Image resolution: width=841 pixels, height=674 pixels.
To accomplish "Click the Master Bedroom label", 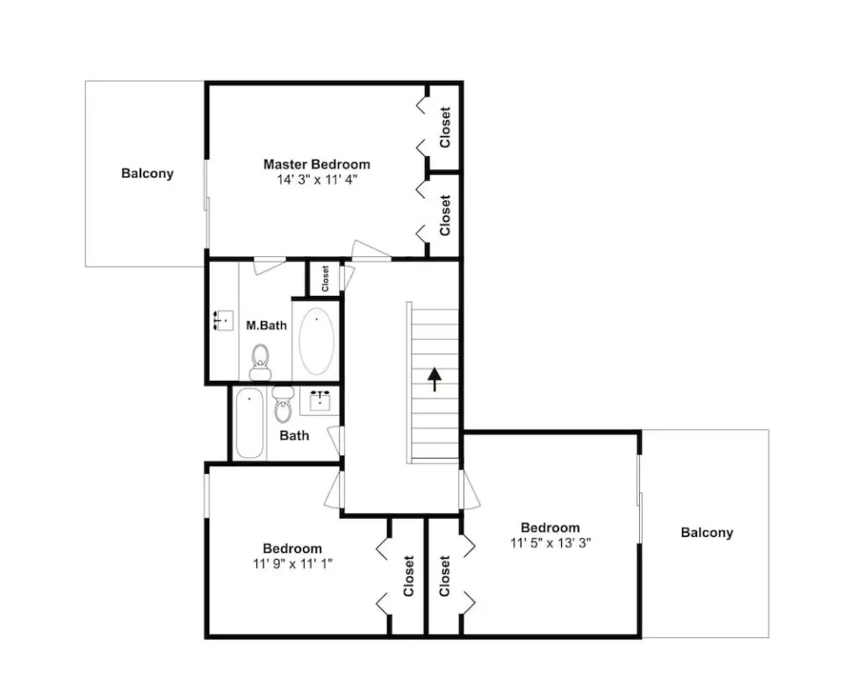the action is pyautogui.click(x=316, y=164).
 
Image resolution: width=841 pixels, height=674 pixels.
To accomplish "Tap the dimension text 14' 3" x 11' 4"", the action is pyautogui.click(x=316, y=180).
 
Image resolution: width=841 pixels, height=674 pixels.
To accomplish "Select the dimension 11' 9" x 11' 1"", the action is pyautogui.click(x=293, y=564).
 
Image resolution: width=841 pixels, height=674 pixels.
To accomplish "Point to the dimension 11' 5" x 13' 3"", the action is pyautogui.click(x=550, y=543).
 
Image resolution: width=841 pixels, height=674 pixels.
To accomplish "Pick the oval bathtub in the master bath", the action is pyautogui.click(x=316, y=341).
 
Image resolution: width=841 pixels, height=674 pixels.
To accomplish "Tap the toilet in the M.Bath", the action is pyautogui.click(x=260, y=362).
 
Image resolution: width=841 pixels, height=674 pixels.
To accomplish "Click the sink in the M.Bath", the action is pyautogui.click(x=224, y=320).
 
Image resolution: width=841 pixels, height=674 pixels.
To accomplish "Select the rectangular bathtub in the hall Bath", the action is pyautogui.click(x=249, y=424).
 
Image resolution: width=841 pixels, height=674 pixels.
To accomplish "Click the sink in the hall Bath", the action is pyautogui.click(x=320, y=400).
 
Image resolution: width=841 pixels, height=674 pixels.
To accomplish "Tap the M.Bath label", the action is pyautogui.click(x=267, y=326).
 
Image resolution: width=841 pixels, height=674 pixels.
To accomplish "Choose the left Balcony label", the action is pyautogui.click(x=147, y=174).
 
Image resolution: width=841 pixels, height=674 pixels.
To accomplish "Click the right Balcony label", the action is pyautogui.click(x=707, y=533).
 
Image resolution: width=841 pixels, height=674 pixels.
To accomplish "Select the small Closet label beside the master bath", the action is pyautogui.click(x=325, y=279).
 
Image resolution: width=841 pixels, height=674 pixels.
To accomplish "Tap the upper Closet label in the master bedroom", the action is pyautogui.click(x=444, y=127).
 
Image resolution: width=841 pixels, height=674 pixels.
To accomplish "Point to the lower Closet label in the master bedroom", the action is pyautogui.click(x=444, y=215).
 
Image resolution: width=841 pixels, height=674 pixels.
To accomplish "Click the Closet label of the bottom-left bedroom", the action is pyautogui.click(x=409, y=577).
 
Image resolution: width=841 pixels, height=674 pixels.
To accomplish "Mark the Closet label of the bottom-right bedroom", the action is pyautogui.click(x=444, y=577).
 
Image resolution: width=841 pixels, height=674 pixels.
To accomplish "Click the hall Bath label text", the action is pyautogui.click(x=294, y=435).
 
